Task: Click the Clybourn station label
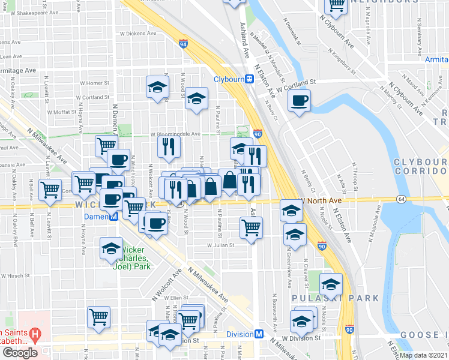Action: (233, 79)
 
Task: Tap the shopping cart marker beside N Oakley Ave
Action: (50, 189)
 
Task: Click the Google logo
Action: (20, 353)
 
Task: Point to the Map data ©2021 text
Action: (423, 355)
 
